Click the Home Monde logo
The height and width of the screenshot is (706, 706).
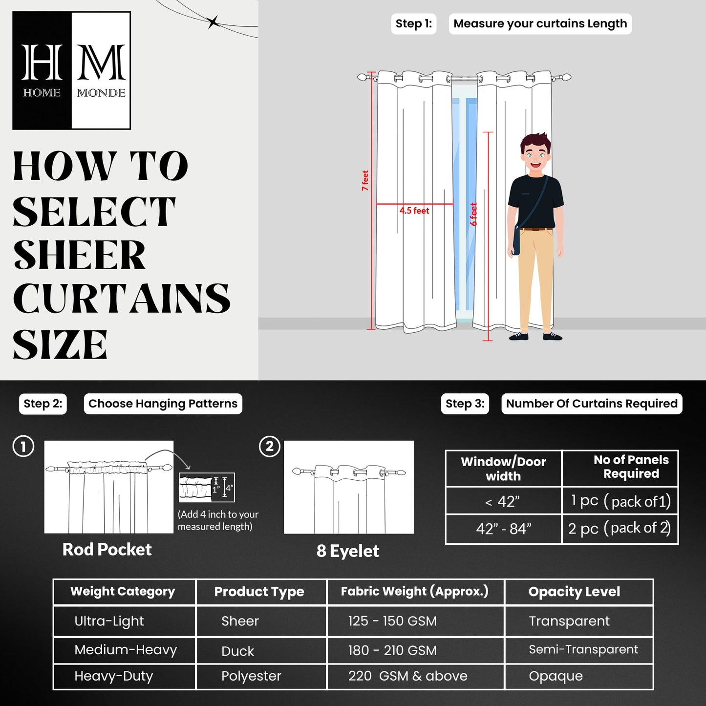tap(72, 70)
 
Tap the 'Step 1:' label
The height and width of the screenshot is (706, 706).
tap(413, 24)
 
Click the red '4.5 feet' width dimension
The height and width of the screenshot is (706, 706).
tap(414, 211)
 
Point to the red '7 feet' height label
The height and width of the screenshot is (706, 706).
tap(365, 180)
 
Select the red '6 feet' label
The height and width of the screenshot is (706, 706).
tap(473, 214)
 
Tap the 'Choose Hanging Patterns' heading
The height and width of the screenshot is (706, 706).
tap(163, 404)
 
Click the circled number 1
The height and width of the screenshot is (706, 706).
tap(23, 447)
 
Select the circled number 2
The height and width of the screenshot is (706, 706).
tap(269, 447)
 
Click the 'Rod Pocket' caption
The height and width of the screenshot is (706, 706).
tap(107, 550)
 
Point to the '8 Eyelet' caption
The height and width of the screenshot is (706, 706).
tap(347, 551)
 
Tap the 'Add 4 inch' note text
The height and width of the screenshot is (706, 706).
tap(218, 520)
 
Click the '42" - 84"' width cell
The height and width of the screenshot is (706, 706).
tap(503, 529)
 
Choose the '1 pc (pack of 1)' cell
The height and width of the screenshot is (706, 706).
tap(620, 501)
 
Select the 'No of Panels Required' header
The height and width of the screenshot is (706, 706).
tap(631, 467)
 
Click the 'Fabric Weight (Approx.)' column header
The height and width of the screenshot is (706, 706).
tap(414, 592)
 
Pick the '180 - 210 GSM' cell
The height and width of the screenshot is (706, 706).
tap(392, 650)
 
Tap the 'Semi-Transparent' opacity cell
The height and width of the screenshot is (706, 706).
tap(583, 649)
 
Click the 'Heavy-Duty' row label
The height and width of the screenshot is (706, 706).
tap(113, 676)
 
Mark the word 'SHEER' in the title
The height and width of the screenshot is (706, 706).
tap(79, 256)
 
